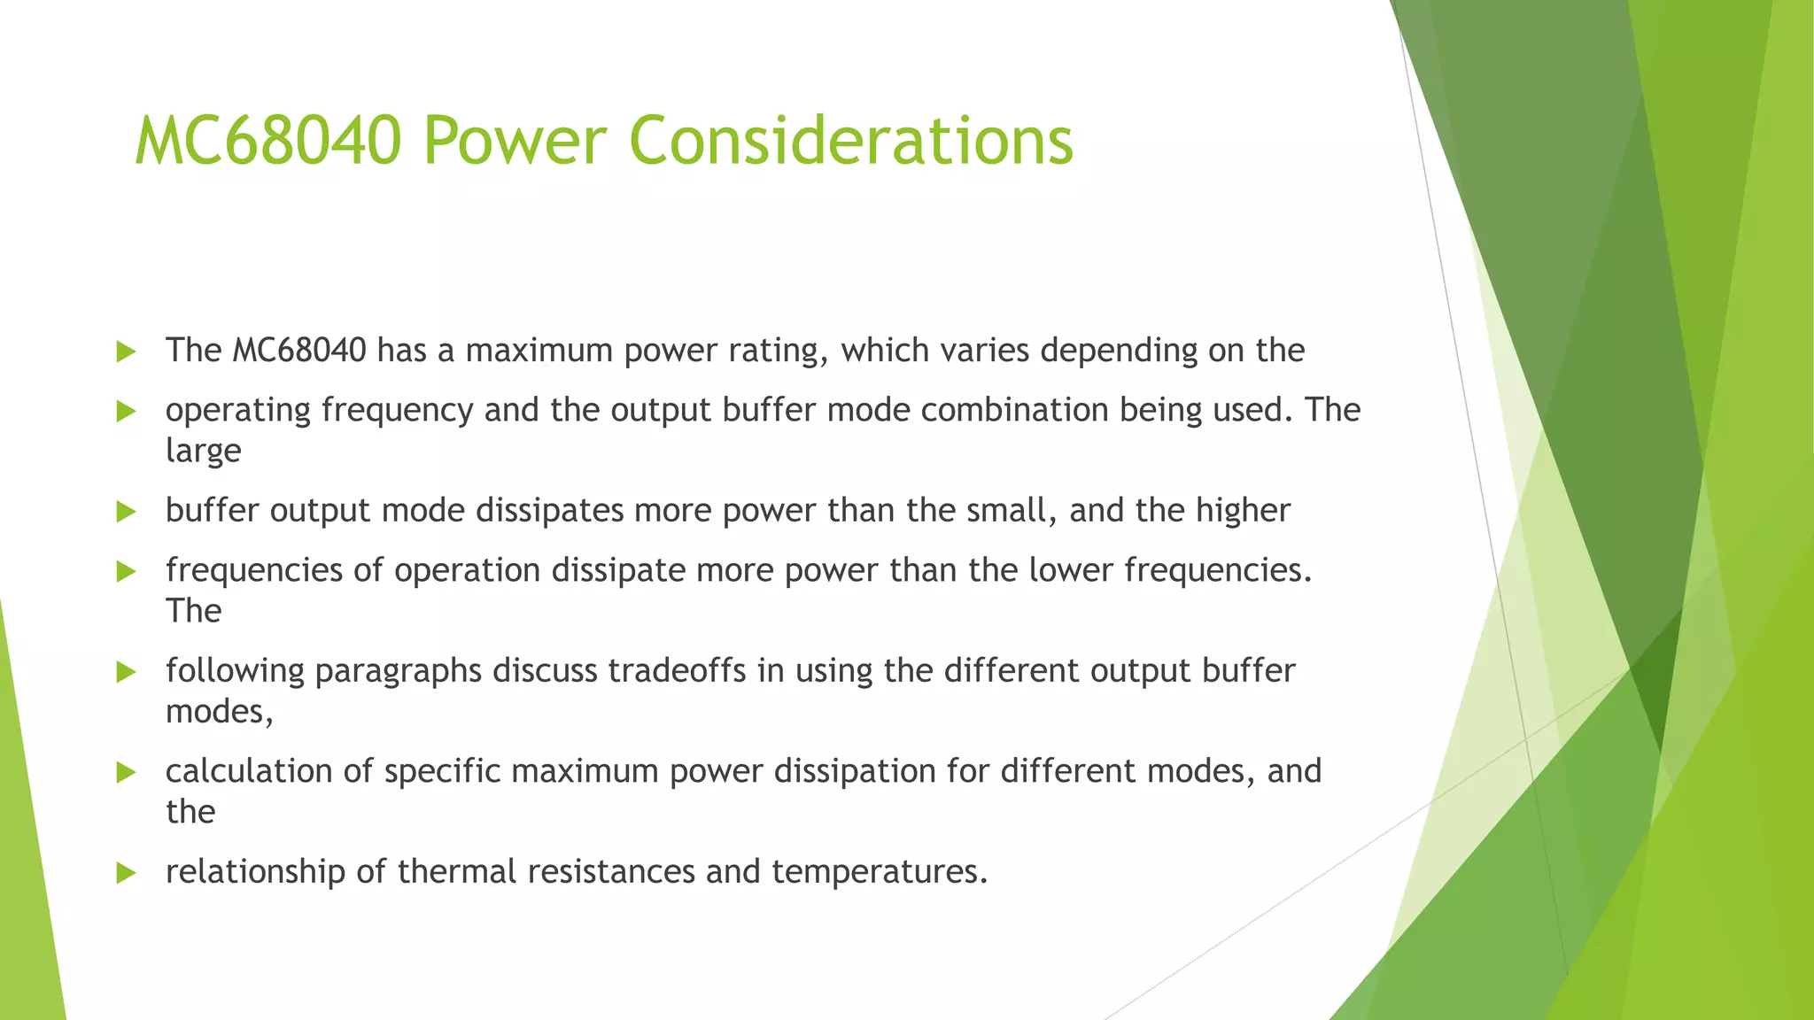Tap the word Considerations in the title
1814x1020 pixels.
850,141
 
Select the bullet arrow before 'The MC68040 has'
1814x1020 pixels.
126,352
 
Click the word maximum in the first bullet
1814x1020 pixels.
539,351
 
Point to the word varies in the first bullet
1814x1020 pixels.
984,351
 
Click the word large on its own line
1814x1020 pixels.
203,452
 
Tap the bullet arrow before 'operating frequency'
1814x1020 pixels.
126,412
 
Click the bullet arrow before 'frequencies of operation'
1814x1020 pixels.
126,572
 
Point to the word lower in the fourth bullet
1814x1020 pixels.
1071,570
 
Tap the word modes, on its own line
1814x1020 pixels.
219,712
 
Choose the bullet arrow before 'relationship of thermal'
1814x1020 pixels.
126,874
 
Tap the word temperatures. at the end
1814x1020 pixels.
879,873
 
